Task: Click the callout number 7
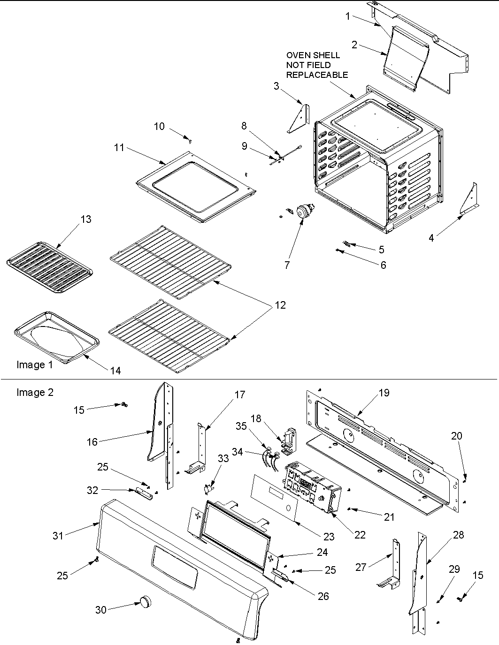pos(287,265)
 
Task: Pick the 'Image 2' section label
pos(35,392)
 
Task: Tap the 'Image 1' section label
pos(35,364)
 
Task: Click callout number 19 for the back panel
pos(384,393)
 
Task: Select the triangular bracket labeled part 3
pos(299,120)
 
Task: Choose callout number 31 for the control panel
pos(58,535)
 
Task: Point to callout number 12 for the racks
pos(280,305)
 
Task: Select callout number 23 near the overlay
pos(329,537)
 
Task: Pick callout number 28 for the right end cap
pos(458,535)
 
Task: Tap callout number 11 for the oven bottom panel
pos(119,147)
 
